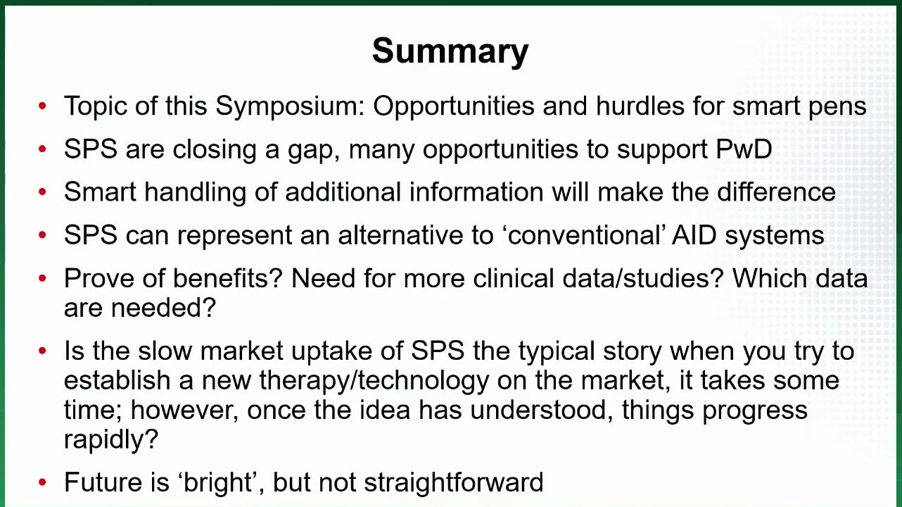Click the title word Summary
(450, 51)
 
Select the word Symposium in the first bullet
(291, 107)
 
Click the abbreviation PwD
(744, 149)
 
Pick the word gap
(314, 150)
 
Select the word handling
(196, 192)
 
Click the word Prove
(99, 278)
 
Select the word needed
(163, 308)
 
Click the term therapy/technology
(374, 381)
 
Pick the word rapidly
(111, 439)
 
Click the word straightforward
(454, 482)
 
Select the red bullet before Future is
(42, 482)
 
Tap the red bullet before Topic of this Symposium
(42, 106)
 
